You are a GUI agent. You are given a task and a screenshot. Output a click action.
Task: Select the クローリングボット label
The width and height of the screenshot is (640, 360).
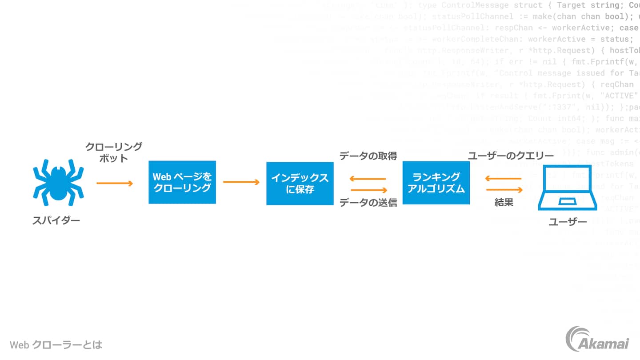114,152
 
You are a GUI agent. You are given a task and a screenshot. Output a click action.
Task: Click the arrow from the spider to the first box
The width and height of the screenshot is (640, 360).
115,183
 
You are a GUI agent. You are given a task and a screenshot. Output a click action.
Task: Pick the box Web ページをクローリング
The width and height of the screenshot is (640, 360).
182,182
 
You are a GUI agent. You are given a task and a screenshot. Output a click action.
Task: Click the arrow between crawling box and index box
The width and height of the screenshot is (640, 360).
241,182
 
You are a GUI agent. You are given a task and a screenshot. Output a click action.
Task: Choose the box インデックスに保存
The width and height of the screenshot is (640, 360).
300,183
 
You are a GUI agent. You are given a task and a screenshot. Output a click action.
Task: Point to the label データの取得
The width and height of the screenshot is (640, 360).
368,156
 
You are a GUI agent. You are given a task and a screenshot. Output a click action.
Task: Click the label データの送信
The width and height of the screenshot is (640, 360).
368,203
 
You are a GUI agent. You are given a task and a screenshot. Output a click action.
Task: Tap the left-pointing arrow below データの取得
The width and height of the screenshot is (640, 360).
368,179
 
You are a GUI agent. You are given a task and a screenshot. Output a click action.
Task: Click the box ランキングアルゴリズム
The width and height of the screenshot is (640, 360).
436,183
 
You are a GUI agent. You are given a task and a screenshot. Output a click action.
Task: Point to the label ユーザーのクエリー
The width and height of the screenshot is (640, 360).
511,156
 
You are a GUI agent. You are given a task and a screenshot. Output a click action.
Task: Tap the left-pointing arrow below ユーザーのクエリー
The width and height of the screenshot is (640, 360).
503,179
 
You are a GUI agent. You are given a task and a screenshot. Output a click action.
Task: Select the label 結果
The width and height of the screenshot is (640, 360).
504,203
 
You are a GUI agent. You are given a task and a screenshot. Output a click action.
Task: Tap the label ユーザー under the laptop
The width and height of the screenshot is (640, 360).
568,221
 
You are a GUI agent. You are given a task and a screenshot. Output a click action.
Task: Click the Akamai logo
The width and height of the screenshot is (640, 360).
597,339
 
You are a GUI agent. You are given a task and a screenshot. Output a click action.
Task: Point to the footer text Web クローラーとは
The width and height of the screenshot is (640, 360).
56,344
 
